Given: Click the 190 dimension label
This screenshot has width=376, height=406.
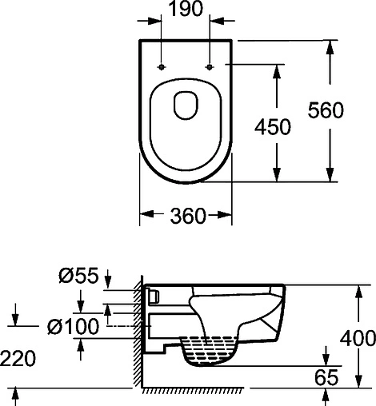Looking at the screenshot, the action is point(186,9).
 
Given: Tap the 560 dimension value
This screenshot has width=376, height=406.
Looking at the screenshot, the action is point(326,110).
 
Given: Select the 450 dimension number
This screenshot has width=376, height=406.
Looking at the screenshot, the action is point(273,126).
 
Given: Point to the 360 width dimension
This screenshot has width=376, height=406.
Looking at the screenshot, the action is point(188,215).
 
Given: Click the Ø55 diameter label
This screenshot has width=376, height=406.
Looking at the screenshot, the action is point(78,275).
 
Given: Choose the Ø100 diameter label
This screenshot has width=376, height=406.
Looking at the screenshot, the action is point(73,326).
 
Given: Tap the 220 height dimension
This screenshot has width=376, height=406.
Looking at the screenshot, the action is point(18,358).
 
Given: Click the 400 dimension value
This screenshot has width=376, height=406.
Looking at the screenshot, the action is point(358,338).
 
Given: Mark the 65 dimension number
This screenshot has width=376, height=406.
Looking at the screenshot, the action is point(326,377).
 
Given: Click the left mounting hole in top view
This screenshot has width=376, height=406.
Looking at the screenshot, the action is point(162,67).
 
